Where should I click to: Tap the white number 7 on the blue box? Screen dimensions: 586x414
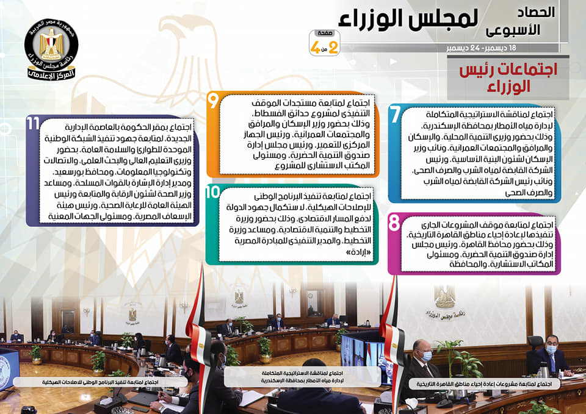[396, 114]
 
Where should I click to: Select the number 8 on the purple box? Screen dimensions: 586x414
[394, 223]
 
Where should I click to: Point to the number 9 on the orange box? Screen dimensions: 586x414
[213, 101]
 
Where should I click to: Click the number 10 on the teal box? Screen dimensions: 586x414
[212, 192]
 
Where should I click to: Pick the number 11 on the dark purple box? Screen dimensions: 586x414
[33, 124]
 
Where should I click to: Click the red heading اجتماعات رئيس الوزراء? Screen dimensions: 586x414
[508, 77]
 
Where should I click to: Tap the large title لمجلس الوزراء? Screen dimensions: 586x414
[408, 19]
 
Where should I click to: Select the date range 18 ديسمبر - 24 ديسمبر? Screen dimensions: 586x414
[481, 48]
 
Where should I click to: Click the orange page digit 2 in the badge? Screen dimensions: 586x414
[333, 48]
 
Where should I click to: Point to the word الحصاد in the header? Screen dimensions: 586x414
[535, 12]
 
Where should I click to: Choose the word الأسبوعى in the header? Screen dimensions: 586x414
[513, 30]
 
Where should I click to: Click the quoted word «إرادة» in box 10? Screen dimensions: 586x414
[358, 252]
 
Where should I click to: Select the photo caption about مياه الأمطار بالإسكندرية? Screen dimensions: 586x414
[302, 377]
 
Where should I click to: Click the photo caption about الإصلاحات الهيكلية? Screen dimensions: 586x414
[100, 382]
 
